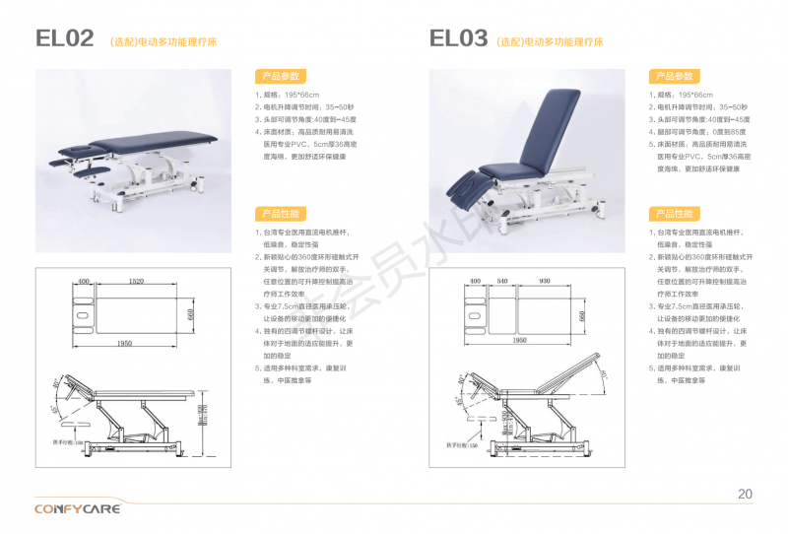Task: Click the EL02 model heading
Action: (65, 39)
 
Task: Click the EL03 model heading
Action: (458, 39)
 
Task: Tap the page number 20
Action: (745, 494)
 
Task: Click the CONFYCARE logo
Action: (77, 508)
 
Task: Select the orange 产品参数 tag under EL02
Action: (280, 76)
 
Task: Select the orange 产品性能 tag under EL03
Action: (673, 213)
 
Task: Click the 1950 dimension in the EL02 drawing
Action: (124, 343)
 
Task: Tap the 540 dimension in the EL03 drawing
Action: (502, 282)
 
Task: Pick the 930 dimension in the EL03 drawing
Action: (545, 282)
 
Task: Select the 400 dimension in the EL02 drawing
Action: (83, 282)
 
